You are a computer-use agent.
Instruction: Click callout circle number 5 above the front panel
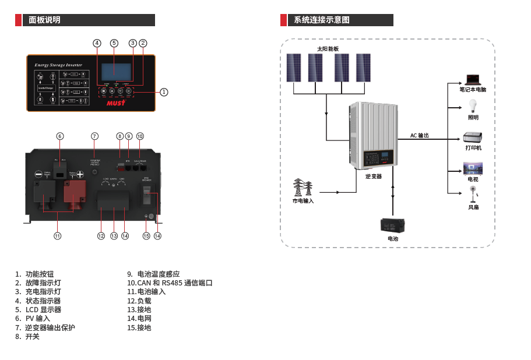(x=114, y=43)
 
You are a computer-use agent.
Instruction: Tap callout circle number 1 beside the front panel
(x=164, y=92)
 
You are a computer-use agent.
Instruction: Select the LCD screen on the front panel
(x=117, y=72)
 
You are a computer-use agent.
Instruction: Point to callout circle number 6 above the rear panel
(x=59, y=136)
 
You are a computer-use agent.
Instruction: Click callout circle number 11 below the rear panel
(x=57, y=236)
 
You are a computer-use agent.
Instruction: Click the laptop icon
(x=472, y=79)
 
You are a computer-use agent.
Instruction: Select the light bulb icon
(x=473, y=106)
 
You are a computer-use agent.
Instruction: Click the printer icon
(x=472, y=137)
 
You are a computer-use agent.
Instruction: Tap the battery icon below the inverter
(x=392, y=225)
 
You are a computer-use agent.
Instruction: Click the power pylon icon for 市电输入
(x=303, y=188)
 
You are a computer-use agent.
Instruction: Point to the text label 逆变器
(x=374, y=176)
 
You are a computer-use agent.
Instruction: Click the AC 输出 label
(x=419, y=135)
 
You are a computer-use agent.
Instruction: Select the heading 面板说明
(x=44, y=20)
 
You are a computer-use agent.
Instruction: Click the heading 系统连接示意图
(x=322, y=20)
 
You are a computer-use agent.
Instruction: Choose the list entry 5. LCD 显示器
(x=38, y=310)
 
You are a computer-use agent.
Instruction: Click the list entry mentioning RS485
(x=170, y=283)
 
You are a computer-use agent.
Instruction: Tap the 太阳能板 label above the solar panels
(x=328, y=49)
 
